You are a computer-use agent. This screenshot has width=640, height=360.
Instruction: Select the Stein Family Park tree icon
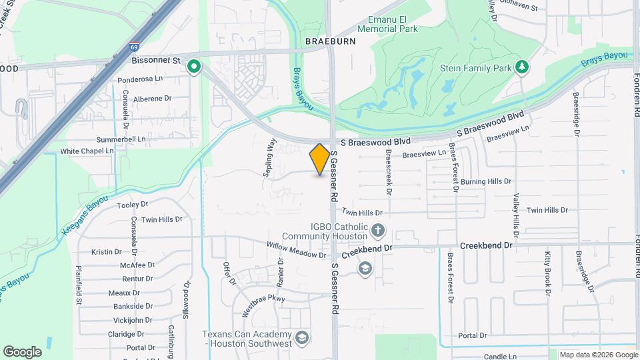point(522,67)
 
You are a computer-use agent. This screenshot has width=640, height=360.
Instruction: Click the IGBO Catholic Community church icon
point(378,232)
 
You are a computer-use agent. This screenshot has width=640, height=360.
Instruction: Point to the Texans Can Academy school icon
point(302,338)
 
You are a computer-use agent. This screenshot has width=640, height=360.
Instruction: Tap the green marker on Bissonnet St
point(194,67)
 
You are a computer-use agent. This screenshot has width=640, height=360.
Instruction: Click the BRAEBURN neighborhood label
point(331,41)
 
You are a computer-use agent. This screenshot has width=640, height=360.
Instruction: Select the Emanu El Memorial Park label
point(387,25)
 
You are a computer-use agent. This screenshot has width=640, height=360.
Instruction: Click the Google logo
point(22,351)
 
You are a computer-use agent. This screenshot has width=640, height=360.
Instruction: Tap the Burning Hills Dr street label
point(487,181)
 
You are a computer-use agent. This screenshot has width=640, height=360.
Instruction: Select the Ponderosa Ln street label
point(140,79)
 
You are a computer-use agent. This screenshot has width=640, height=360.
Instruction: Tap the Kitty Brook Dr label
point(547,273)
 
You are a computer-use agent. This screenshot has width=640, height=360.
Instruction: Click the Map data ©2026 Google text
point(598,355)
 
